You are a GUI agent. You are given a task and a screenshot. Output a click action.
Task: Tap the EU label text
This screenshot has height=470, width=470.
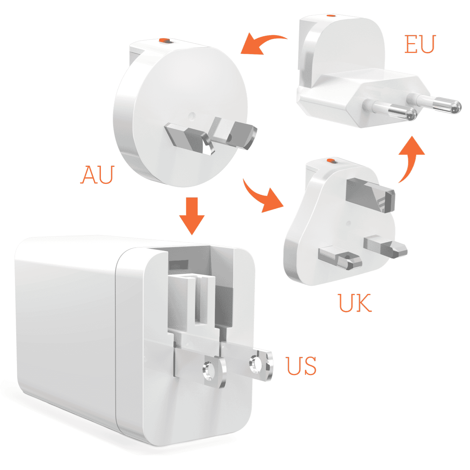click(420, 44)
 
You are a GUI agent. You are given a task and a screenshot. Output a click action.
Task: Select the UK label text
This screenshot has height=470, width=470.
click(355, 303)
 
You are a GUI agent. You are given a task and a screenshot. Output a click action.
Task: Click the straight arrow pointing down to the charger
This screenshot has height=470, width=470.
click(192, 216)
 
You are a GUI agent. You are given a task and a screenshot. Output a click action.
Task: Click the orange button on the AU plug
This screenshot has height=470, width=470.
click(164, 40)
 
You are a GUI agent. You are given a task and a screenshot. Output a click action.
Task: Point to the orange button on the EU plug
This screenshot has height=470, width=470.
click(331, 16)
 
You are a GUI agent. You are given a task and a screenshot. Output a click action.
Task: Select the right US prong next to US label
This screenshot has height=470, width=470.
click(259, 363)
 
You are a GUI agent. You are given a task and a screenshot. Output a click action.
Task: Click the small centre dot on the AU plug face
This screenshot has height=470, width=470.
click(192, 116)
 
